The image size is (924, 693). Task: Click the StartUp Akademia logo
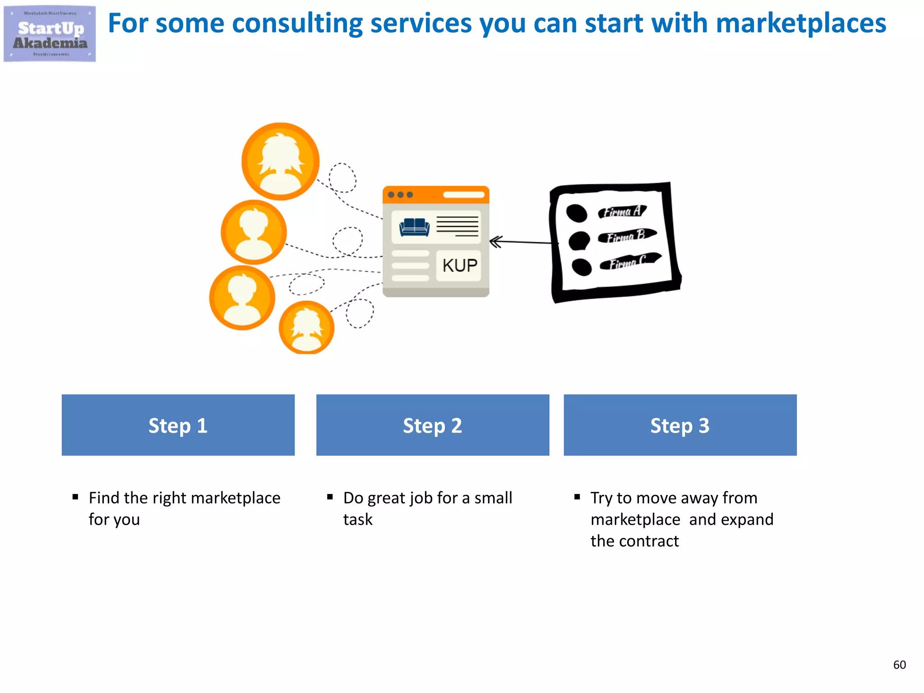(50, 34)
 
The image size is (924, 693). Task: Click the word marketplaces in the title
(800, 23)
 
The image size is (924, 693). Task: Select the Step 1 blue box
(178, 425)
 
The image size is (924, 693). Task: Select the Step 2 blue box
(432, 425)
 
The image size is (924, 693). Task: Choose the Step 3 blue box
(679, 425)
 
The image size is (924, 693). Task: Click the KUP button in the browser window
(459, 265)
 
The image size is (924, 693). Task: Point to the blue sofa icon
(414, 226)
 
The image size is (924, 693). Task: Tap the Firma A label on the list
(623, 211)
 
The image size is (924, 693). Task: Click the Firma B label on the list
(626, 236)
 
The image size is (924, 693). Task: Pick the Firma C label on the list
(629, 261)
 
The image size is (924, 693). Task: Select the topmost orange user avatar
(280, 161)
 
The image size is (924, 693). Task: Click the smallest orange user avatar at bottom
(307, 328)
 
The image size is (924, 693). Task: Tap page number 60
(899, 665)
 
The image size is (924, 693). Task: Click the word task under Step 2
(357, 520)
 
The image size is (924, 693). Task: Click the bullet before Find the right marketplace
(75, 497)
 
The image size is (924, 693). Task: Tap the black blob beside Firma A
(576, 213)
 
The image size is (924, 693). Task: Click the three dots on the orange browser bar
(400, 195)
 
